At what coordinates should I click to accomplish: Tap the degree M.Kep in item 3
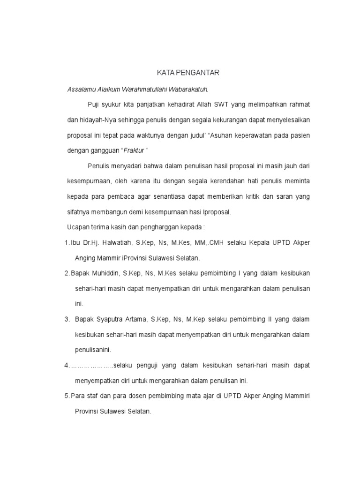pos(193,319)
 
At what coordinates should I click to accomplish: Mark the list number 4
pos(66,365)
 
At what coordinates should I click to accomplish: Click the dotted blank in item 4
pos(91,365)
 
